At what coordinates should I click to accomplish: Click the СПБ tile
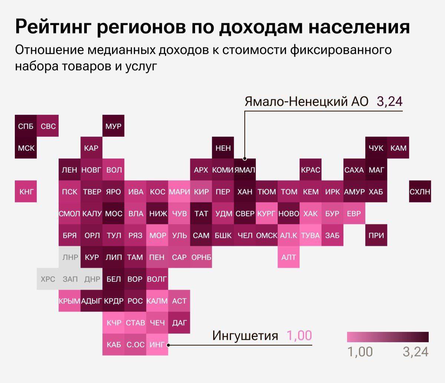[26, 126]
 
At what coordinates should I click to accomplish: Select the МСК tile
[26, 148]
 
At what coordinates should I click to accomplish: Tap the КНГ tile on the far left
[26, 191]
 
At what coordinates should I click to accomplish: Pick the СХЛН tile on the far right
[420, 191]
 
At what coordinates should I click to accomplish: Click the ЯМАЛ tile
[245, 170]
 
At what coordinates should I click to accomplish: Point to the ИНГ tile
[157, 344]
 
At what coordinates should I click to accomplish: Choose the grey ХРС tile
[47, 279]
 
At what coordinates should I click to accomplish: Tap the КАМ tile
[398, 148]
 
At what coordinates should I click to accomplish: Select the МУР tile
[113, 126]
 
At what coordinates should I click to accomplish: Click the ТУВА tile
[310, 235]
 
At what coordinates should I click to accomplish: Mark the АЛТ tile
[289, 257]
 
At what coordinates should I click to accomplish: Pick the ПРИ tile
[376, 235]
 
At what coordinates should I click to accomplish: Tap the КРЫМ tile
[69, 301]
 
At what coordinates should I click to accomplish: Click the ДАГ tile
[179, 323]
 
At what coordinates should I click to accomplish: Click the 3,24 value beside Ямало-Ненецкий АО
[389, 101]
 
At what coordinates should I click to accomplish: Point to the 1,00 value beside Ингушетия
[299, 335]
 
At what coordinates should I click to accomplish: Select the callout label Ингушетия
[245, 335]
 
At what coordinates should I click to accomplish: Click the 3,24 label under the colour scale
[415, 352]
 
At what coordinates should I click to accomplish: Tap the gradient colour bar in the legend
[388, 337]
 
